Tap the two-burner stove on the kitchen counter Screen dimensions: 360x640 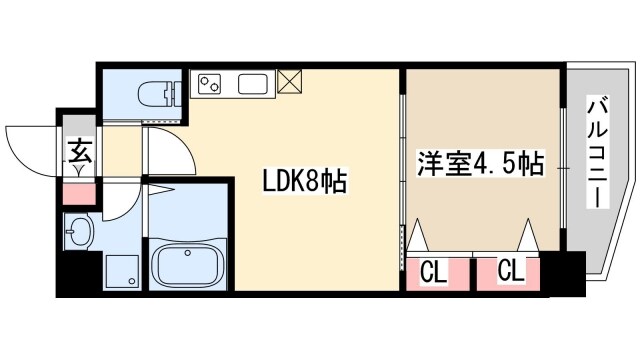(x=212, y=85)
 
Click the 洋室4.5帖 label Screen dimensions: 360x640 (x=480, y=163)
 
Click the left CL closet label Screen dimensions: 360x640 (x=433, y=270)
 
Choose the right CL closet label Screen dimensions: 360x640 (x=509, y=270)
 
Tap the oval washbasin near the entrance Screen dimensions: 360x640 (x=79, y=235)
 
